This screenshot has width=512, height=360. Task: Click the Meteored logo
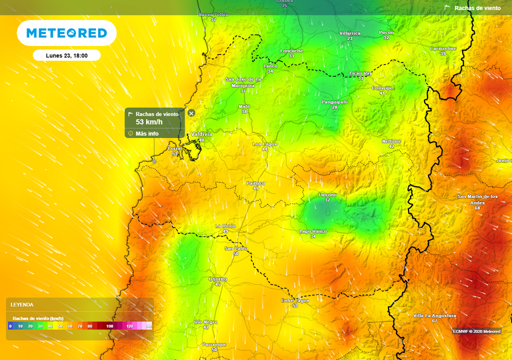66,33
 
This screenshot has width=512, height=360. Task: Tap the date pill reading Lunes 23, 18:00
66,55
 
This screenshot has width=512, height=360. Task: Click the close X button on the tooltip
191,113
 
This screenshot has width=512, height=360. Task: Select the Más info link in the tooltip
147,133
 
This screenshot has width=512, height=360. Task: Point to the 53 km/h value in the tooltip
149,122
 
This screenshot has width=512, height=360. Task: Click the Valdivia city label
201,134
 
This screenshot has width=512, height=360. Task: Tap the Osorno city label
217,279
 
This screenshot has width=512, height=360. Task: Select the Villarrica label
349,33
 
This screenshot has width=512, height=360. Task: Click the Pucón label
386,32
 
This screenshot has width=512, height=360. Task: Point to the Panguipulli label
334,102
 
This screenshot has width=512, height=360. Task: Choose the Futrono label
327,194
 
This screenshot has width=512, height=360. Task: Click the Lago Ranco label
313,231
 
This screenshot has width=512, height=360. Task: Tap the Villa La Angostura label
434,315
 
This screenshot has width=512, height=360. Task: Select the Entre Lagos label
295,300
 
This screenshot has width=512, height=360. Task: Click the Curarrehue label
443,48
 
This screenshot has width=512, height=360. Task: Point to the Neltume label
391,141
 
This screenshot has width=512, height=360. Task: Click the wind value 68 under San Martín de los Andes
477,207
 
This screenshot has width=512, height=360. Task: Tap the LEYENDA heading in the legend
22,304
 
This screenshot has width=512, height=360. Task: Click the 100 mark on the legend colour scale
109,326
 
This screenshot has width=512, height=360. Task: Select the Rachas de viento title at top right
477,8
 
